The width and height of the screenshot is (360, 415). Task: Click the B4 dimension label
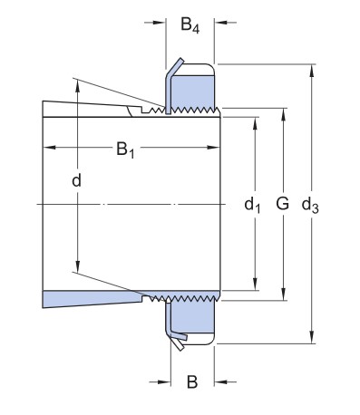[x=190, y=24]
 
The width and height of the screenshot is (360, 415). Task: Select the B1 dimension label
[x=125, y=150]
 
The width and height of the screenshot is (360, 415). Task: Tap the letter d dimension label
[x=76, y=180]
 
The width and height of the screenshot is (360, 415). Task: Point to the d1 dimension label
[x=252, y=205]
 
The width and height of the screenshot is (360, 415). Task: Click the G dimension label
[x=282, y=203]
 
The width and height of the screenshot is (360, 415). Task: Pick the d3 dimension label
[x=310, y=206]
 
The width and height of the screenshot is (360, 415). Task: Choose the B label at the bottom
[x=192, y=381]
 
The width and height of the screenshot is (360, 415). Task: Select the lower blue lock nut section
[x=192, y=317]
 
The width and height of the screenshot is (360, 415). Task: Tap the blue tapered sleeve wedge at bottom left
[x=91, y=298]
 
